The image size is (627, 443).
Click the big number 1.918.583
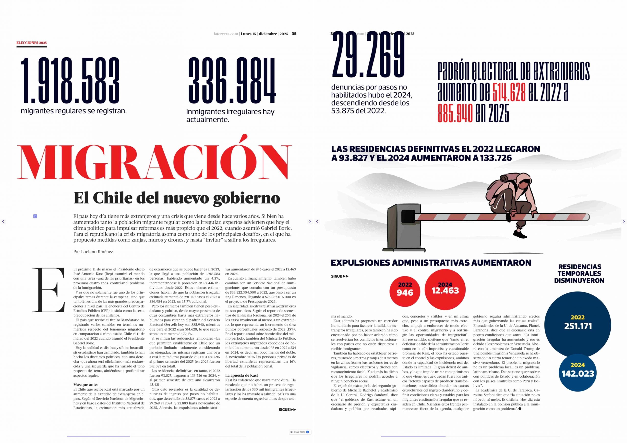70,81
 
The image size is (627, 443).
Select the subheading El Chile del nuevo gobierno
177,198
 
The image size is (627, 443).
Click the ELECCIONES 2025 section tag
31,43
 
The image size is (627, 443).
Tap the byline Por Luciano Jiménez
93,252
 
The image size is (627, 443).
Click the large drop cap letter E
48,290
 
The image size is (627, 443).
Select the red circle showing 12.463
445,289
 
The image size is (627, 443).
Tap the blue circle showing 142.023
578,372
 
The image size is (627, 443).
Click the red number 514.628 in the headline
509,93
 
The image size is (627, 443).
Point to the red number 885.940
455,113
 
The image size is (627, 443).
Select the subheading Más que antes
86,384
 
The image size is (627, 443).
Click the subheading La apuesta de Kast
241,375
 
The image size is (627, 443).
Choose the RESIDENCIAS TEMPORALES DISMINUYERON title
579,274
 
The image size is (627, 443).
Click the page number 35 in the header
294,34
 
